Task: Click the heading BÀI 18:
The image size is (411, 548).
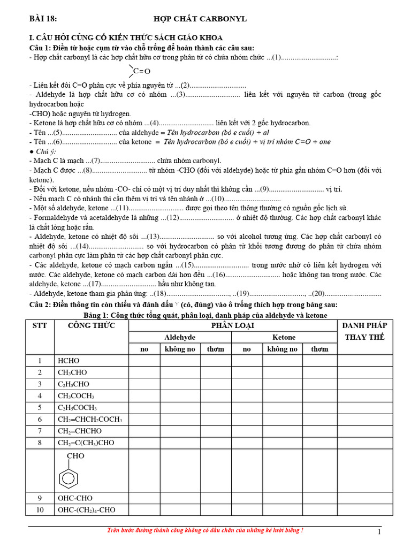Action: pyautogui.click(x=42, y=19)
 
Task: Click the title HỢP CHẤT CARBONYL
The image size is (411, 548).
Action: pyautogui.click(x=200, y=19)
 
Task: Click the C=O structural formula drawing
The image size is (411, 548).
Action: pyautogui.click(x=140, y=71)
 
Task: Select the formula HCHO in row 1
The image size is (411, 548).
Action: pyautogui.click(x=68, y=361)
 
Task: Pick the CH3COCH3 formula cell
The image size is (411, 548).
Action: pyautogui.click(x=76, y=396)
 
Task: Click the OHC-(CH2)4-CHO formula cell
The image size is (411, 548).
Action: pyautogui.click(x=86, y=510)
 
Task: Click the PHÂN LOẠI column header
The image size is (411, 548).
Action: pyautogui.click(x=233, y=325)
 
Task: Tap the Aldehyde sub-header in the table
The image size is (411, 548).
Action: pyautogui.click(x=180, y=337)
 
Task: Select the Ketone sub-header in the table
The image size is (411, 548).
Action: pyautogui.click(x=284, y=337)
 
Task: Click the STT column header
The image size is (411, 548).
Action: pyautogui.click(x=40, y=325)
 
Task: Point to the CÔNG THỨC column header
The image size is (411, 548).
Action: pyautogui.click(x=91, y=325)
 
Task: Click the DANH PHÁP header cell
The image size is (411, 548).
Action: pyautogui.click(x=364, y=325)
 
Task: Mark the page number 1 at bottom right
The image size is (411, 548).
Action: pyautogui.click(x=379, y=531)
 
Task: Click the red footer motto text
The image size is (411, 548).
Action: pyautogui.click(x=205, y=530)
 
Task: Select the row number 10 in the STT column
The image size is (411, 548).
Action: pyautogui.click(x=40, y=510)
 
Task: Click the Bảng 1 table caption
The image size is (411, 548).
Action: pyautogui.click(x=205, y=315)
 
